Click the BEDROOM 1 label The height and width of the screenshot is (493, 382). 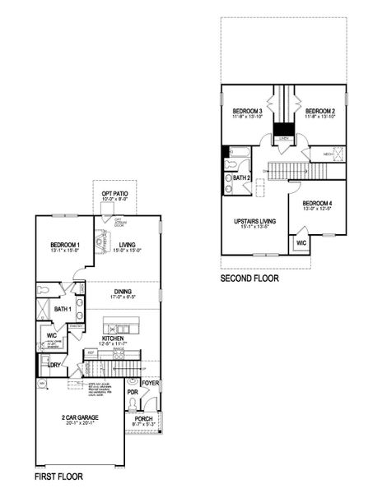(63, 245)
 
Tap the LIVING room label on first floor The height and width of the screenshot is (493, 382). (127, 245)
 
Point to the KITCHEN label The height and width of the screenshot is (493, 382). (113, 337)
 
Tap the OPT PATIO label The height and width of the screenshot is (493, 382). (114, 194)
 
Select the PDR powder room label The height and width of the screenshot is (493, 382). (133, 393)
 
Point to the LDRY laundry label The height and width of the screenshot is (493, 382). (54, 364)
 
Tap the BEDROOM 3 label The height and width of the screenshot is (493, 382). (247, 111)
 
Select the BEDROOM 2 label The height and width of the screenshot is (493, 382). (320, 111)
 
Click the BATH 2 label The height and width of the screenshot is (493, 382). (241, 177)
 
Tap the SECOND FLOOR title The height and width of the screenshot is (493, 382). (249, 279)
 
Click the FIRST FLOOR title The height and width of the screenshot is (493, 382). (58, 477)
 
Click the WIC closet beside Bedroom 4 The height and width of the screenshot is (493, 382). (300, 243)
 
